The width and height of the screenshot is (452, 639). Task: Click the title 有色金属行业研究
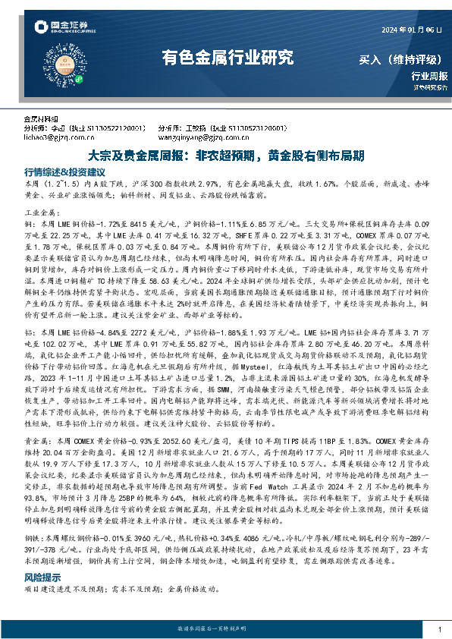pyautogui.click(x=227, y=57)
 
